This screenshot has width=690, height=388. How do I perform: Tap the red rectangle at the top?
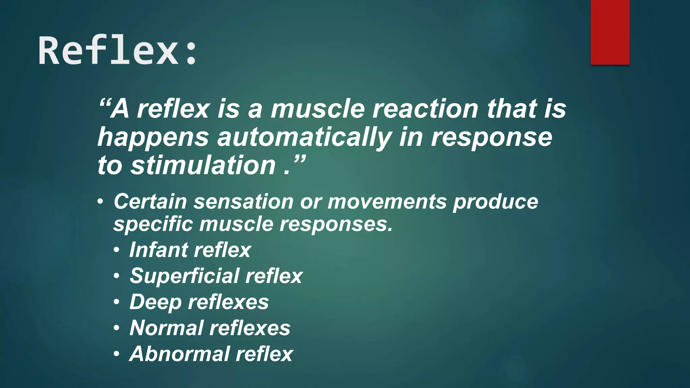click(x=610, y=32)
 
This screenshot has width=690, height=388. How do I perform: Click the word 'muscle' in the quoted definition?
click(x=317, y=109)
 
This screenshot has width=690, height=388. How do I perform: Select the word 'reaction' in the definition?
click(x=425, y=109)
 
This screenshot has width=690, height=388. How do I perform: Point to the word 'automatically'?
click(x=304, y=137)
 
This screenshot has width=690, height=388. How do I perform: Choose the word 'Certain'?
click(x=150, y=201)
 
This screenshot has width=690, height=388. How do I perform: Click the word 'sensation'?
click(x=244, y=201)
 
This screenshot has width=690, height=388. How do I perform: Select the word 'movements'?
click(x=386, y=201)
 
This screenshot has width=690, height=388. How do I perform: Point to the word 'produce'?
click(x=495, y=202)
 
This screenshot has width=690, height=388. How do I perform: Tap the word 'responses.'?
click(x=336, y=224)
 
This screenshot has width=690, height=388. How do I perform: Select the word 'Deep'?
click(x=155, y=302)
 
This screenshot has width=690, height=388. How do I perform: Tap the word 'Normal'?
click(x=166, y=328)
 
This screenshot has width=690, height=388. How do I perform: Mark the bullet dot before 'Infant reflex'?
click(x=116, y=250)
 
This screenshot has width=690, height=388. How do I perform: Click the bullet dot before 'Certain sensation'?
click(x=100, y=202)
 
